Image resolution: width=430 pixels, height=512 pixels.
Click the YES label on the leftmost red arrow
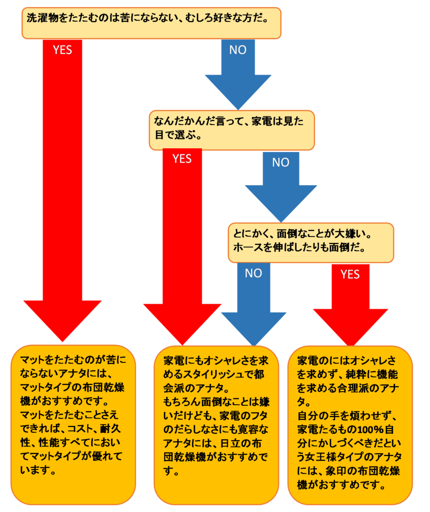click(62, 50)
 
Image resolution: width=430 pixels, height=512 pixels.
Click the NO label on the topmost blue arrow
click(237, 50)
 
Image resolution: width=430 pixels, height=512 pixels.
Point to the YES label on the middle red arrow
click(182, 159)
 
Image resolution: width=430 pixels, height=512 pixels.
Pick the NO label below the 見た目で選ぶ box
click(280, 162)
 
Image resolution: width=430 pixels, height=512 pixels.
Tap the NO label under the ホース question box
click(253, 273)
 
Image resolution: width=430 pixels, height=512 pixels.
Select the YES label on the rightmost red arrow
click(350, 274)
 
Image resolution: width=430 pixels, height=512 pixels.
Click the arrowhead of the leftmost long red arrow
click(62, 320)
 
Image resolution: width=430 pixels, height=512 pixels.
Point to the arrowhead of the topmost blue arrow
click(237, 90)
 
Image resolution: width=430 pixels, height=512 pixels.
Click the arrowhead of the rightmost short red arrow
click(350, 325)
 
